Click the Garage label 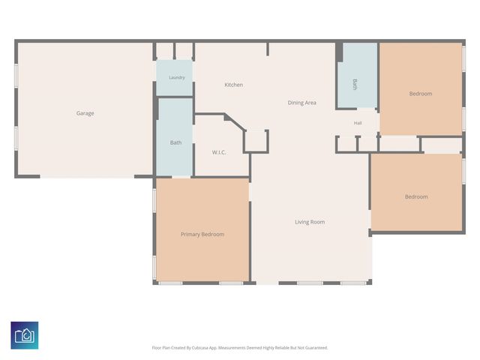coord(85,113)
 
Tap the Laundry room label coord(177,77)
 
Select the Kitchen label coord(233,85)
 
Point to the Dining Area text coord(301,103)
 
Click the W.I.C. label coord(219,152)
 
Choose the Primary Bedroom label coord(202,234)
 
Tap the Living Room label coord(310,222)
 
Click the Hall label coord(358,123)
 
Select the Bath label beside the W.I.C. coord(175,142)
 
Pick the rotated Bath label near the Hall coord(355,85)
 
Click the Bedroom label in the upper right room coord(421,94)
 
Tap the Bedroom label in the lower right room coord(416,196)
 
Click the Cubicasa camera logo coord(25,335)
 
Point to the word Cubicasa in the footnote coord(200,348)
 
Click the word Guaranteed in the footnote coord(318,348)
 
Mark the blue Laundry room coord(175,78)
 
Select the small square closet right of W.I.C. coord(256,141)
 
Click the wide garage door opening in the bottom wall coord(87,176)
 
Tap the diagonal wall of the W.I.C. coord(235,122)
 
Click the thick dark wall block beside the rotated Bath coord(339,52)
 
